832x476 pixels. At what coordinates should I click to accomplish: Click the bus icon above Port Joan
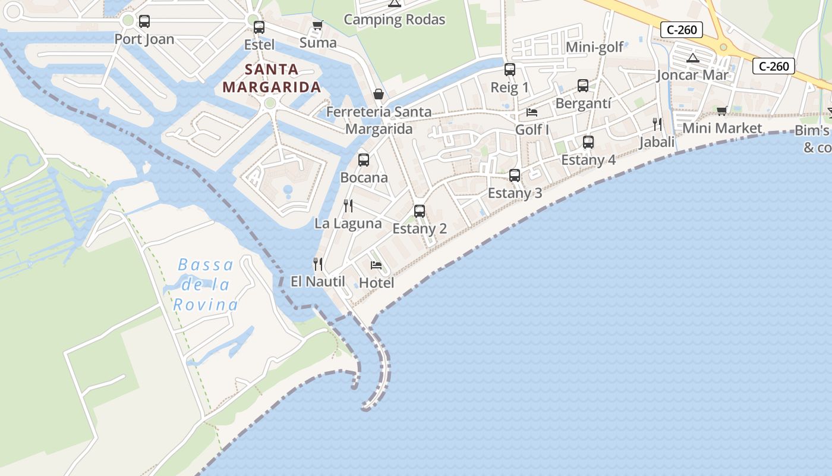pos(144,21)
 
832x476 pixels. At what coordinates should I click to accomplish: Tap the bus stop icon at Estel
pos(259,27)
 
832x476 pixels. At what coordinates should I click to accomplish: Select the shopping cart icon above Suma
pos(317,25)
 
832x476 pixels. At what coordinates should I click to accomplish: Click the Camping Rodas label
pos(395,20)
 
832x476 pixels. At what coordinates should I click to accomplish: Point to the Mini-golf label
pos(595,47)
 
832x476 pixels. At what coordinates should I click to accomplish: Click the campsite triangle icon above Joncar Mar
pos(692,58)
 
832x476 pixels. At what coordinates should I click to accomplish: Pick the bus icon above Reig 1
pos(509,70)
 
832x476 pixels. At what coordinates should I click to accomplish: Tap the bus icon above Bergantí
pos(583,86)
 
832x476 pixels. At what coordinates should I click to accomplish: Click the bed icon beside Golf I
pos(532,112)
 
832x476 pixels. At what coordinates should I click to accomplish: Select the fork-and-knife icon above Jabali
pos(657,124)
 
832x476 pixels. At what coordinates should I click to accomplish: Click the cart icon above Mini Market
pos(722,111)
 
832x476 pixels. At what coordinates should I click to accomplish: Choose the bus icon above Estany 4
pos(588,142)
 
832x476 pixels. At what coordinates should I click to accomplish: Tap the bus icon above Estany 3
pos(515,176)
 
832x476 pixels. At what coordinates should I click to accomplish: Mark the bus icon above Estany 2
pos(420,211)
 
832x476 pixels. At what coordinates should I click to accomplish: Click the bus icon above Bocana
pos(364,160)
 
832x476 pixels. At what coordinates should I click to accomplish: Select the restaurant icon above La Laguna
pos(348,206)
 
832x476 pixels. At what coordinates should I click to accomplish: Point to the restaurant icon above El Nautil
pos(318,264)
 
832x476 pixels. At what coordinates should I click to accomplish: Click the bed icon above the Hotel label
pos(376,265)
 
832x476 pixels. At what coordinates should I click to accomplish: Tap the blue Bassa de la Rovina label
pos(206,285)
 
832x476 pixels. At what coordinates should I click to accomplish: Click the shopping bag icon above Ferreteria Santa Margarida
pos(378,94)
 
